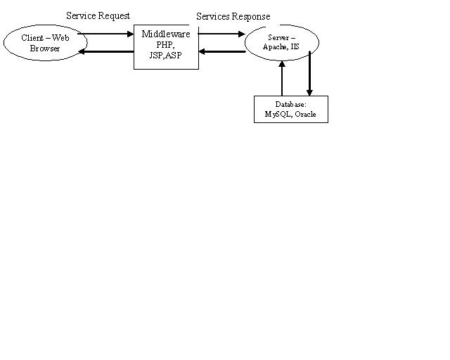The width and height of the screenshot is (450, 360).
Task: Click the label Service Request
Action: [98, 15]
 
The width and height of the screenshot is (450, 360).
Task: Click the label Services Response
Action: [233, 16]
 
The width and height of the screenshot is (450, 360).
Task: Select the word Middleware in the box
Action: [166, 34]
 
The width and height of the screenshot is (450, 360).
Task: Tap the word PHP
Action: [166, 44]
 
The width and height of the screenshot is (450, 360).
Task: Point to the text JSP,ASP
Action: [166, 55]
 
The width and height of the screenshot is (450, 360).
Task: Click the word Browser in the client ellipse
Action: [45, 49]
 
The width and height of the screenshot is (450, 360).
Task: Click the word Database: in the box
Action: [290, 104]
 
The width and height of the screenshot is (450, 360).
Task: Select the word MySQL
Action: [278, 114]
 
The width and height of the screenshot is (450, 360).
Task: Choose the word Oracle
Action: [305, 114]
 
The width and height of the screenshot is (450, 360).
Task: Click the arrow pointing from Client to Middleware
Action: [105, 34]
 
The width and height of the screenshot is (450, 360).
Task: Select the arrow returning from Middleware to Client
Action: [105, 52]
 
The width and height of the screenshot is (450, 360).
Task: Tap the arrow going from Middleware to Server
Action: [221, 34]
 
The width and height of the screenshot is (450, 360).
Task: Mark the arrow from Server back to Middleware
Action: [221, 51]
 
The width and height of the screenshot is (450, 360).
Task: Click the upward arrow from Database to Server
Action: [282, 77]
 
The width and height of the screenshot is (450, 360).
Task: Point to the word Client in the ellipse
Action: [32, 38]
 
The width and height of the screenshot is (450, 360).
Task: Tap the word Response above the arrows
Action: [251, 16]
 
